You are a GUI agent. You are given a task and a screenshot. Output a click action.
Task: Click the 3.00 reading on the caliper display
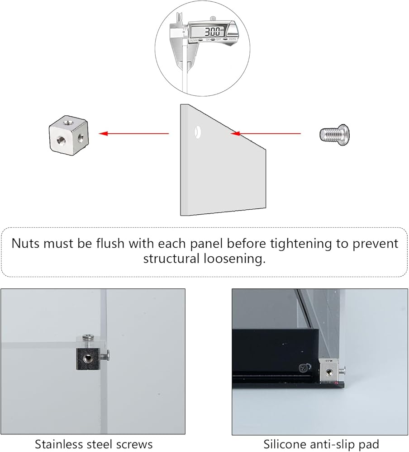click(x=212, y=31)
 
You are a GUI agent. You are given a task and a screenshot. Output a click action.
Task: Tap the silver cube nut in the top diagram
click(x=69, y=136)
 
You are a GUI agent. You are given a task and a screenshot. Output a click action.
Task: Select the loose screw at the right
click(x=334, y=135)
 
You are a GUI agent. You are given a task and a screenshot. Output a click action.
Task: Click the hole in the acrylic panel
click(x=198, y=132)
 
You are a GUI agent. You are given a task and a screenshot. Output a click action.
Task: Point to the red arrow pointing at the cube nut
click(x=133, y=133)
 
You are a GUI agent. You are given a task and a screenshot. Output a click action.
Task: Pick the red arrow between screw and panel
click(x=266, y=133)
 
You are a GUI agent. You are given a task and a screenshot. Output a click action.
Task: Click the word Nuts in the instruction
click(x=26, y=244)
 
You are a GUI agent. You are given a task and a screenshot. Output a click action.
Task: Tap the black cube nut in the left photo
click(x=88, y=358)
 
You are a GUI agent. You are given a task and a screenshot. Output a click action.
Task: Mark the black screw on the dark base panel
click(x=303, y=367)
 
